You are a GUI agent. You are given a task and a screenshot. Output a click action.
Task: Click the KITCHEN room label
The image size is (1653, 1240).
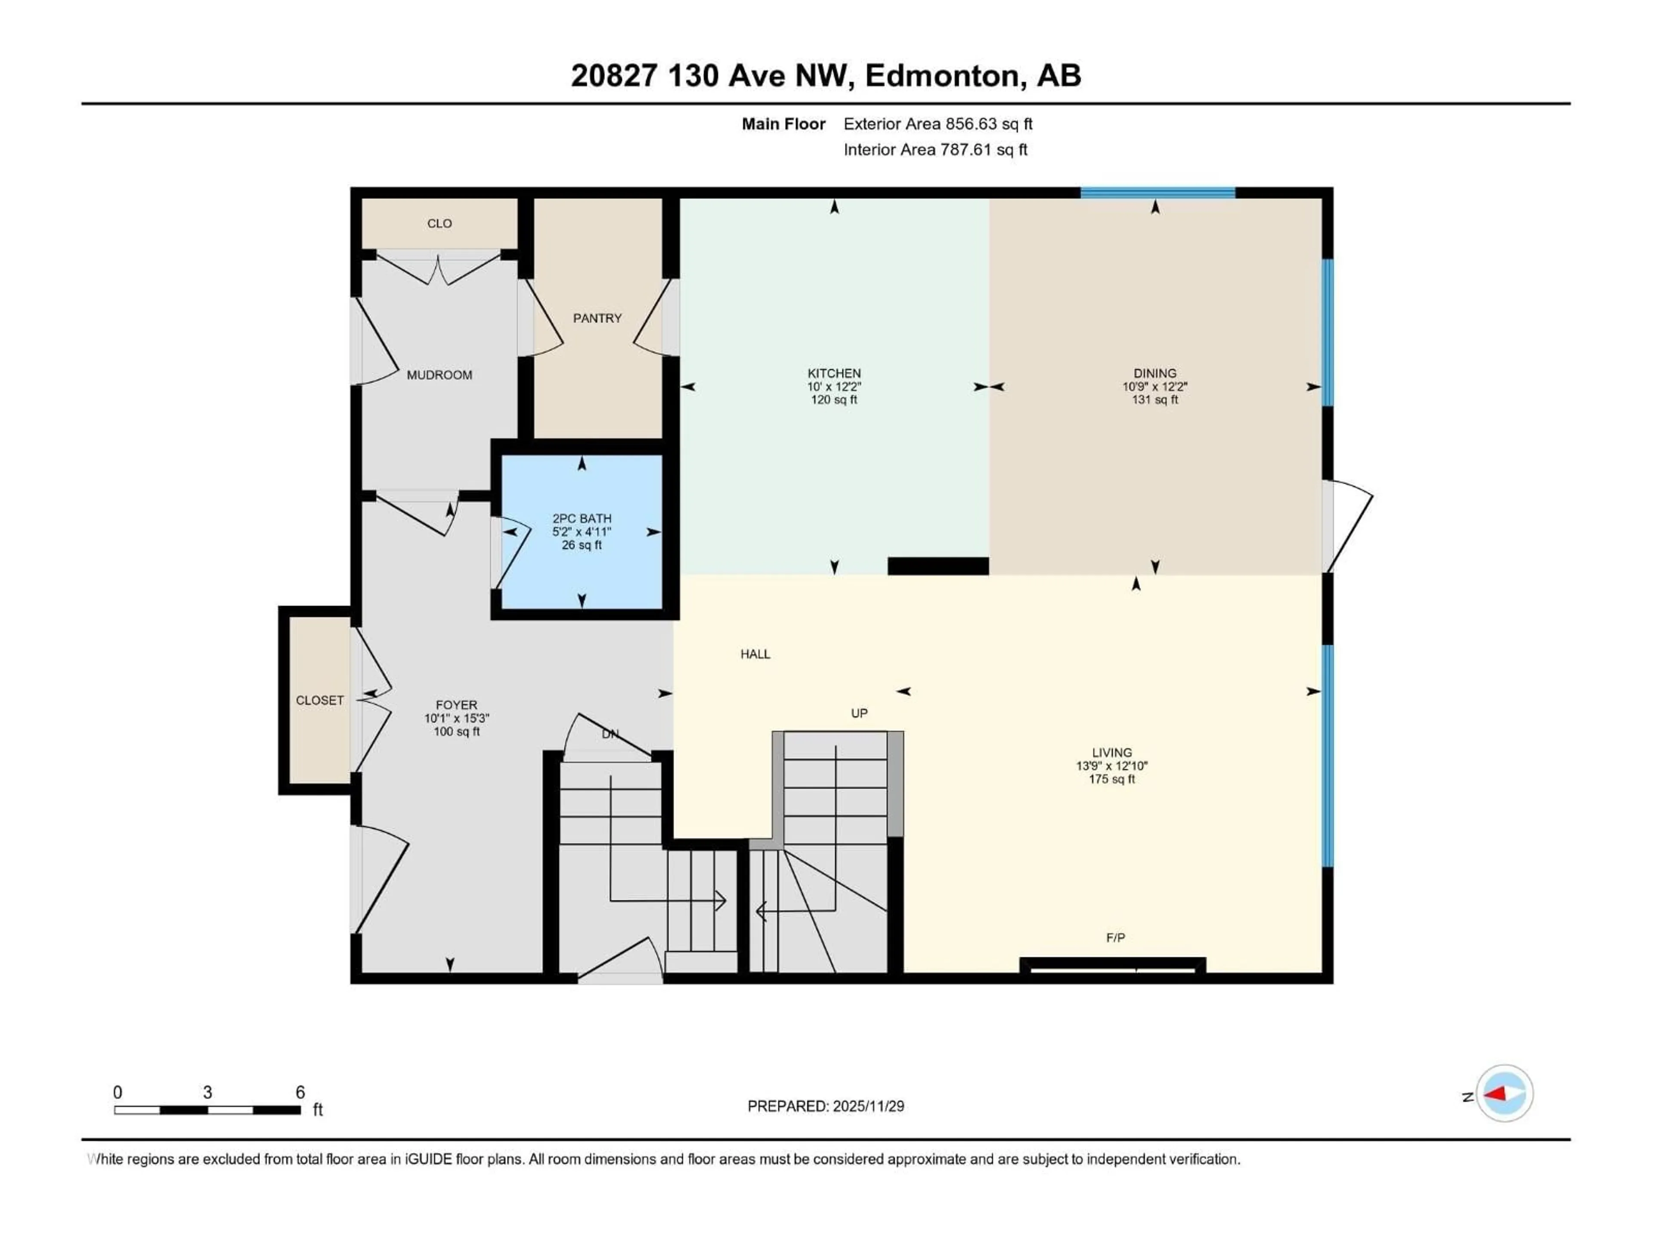coord(834,373)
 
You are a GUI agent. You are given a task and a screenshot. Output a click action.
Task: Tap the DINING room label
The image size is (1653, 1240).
coord(1155,373)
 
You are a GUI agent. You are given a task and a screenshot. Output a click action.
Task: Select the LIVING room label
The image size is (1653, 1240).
coord(1111,753)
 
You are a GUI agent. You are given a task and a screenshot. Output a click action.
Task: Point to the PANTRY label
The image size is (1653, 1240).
coord(597,319)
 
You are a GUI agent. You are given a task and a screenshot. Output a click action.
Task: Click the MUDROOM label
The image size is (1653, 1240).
coord(440,375)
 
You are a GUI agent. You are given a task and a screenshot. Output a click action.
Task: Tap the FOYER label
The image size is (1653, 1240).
coord(456,705)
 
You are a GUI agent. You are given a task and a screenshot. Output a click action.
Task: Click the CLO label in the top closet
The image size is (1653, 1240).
coord(440,223)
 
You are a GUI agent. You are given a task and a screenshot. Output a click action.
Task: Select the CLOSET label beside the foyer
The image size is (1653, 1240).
coord(320,701)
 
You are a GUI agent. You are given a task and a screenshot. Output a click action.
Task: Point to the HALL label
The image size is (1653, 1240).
coord(755,654)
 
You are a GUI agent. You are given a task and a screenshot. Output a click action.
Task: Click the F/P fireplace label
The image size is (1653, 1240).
coord(1115,937)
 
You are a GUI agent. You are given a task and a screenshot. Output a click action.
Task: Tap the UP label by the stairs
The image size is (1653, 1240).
coord(859,713)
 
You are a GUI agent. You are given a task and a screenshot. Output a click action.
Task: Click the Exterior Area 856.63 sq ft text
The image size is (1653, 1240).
coord(938,124)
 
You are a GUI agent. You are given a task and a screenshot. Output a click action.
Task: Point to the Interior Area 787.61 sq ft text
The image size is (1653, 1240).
coord(935,149)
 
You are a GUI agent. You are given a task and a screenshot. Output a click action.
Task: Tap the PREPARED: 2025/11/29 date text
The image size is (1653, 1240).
coord(826,1106)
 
